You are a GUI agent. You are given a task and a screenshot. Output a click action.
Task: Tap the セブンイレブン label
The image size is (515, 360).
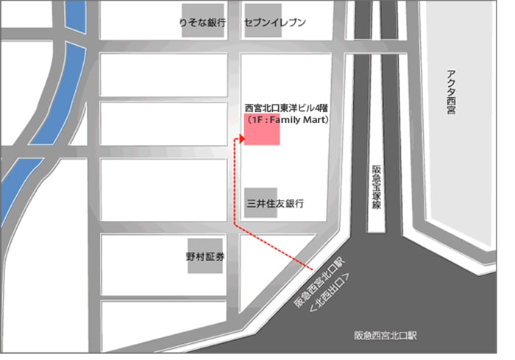pos(275,23)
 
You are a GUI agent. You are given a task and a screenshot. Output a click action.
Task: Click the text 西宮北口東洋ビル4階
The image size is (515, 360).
pos(287,106)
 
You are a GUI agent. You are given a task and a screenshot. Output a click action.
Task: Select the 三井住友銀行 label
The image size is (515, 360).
pos(275,203)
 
